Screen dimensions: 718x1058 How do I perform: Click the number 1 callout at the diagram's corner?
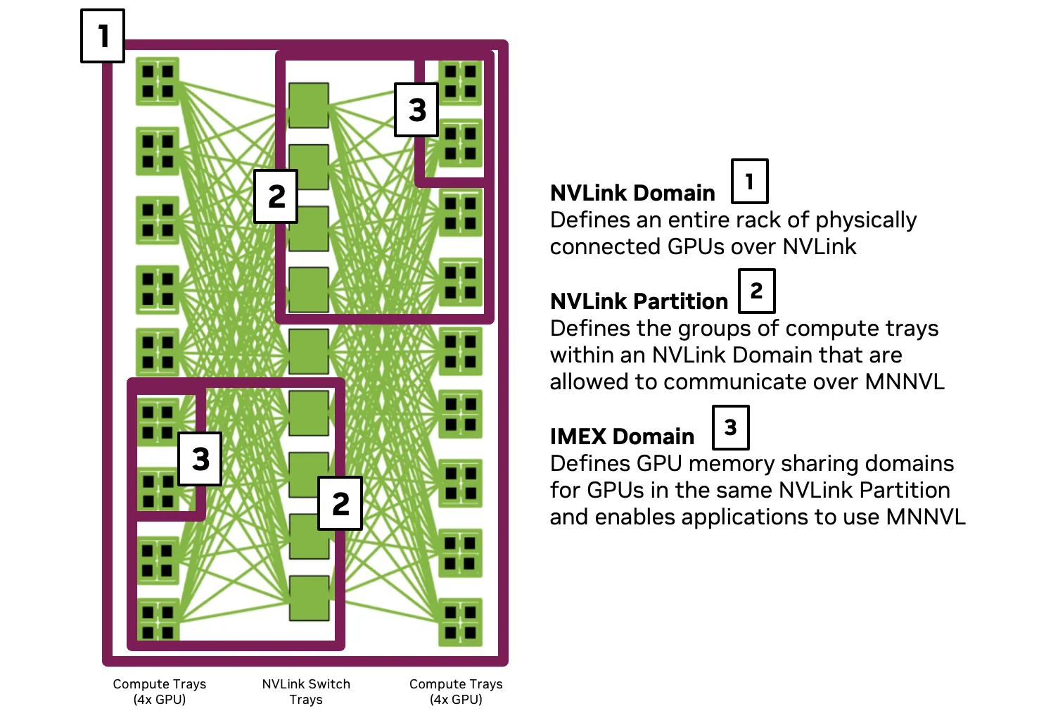(103, 36)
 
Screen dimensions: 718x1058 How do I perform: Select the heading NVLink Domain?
(632, 193)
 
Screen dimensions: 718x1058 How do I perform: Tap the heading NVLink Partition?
(639, 301)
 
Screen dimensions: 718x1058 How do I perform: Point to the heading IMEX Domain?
(622, 436)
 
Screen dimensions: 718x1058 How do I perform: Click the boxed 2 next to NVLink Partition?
(756, 291)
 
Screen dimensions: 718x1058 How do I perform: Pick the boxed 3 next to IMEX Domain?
(730, 427)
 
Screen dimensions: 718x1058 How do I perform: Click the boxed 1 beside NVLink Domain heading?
(749, 182)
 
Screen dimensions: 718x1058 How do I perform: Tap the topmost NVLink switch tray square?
(309, 105)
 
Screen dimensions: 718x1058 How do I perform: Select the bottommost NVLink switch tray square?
(309, 598)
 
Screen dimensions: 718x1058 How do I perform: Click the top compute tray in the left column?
(158, 81)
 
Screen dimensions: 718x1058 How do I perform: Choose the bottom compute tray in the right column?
(461, 622)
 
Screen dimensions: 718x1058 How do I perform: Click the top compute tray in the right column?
(461, 81)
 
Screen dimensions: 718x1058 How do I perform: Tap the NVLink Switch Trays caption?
(306, 691)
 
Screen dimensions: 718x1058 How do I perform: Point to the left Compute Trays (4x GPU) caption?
(160, 691)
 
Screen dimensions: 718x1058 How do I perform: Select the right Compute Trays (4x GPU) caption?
(456, 691)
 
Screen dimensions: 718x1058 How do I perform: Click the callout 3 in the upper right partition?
(416, 110)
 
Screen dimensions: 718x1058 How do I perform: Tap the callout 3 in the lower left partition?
(200, 459)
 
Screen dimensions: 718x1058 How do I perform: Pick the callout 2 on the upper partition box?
(276, 196)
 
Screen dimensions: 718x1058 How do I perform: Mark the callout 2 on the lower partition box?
(340, 503)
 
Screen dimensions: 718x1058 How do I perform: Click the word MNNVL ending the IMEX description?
(926, 517)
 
